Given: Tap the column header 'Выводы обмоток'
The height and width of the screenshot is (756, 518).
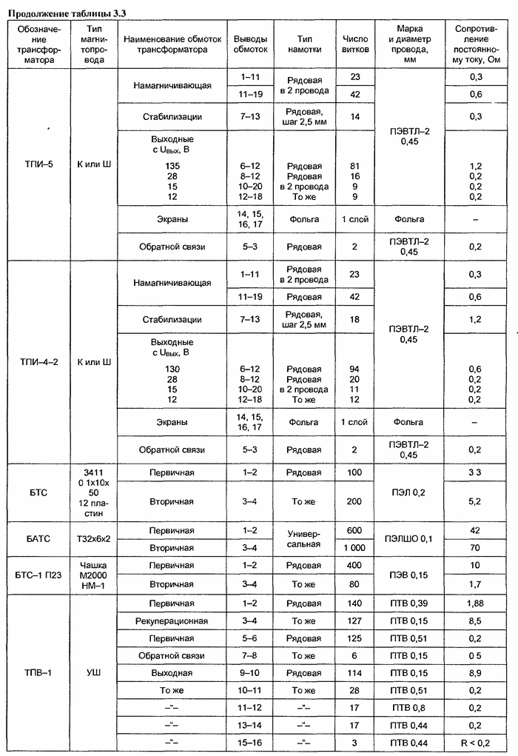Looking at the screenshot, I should pyautogui.click(x=249, y=44).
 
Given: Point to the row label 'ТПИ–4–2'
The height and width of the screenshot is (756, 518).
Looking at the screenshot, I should pyautogui.click(x=36, y=361).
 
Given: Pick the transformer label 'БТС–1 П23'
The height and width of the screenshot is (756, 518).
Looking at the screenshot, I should pyautogui.click(x=36, y=575).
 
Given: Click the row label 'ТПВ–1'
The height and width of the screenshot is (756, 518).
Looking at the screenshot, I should pyautogui.click(x=36, y=672).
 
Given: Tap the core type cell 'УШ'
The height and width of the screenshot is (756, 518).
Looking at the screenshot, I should pyautogui.click(x=94, y=672).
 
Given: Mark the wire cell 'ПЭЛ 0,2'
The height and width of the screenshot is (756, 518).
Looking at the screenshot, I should pyautogui.click(x=409, y=492).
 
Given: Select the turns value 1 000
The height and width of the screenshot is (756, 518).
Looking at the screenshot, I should pyautogui.click(x=354, y=548).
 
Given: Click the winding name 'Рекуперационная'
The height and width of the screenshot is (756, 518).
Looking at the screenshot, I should pyautogui.click(x=172, y=620).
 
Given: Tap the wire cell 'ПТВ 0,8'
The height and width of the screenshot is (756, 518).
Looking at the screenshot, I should pyautogui.click(x=409, y=707).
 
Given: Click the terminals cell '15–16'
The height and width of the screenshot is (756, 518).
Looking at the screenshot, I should pyautogui.click(x=249, y=743).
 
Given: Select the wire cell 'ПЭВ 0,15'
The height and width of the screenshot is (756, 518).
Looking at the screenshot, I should pyautogui.click(x=409, y=575).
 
